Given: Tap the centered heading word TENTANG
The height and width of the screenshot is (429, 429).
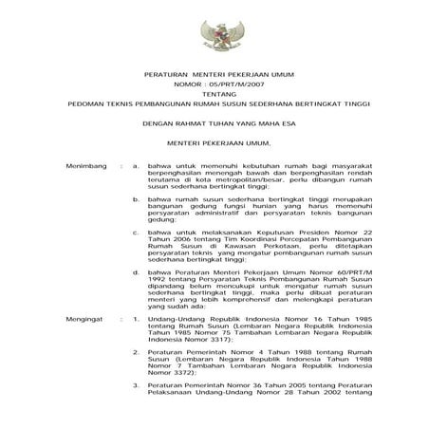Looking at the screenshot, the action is click(x=214, y=94).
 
